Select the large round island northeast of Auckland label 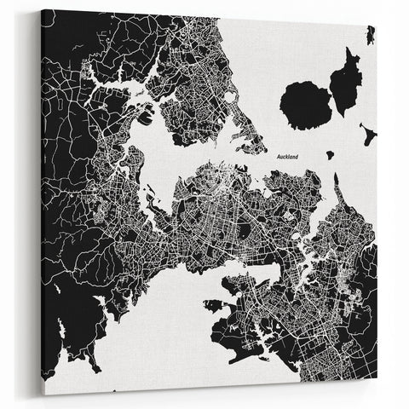pyautogui.click(x=305, y=105)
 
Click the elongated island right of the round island pyautogui.click(x=345, y=81)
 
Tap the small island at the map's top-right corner pyautogui.click(x=371, y=35)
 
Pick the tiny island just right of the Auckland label pyautogui.click(x=329, y=155)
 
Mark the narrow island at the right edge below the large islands pyautogui.click(x=367, y=134)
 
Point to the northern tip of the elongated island pyautogui.click(x=353, y=50)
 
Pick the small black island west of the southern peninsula pyautogui.click(x=211, y=302)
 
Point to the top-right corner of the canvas pyautogui.click(x=377, y=24)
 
